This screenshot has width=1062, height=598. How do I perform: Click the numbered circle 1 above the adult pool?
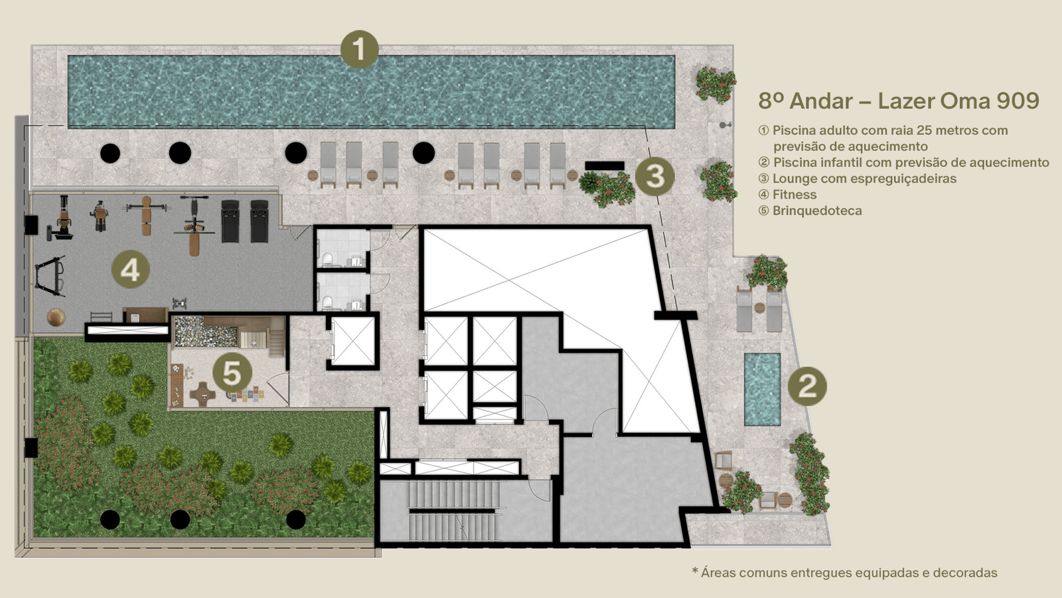[359, 49]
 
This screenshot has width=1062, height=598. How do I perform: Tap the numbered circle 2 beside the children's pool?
[807, 386]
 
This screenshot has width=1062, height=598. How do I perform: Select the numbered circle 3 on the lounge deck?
[654, 176]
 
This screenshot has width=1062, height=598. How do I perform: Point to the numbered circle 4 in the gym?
[130, 270]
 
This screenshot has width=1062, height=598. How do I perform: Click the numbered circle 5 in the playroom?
[232, 373]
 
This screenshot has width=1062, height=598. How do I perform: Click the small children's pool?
[762, 389]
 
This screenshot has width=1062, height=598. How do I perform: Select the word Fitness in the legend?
[795, 195]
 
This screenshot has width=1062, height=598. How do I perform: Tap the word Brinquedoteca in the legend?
[817, 211]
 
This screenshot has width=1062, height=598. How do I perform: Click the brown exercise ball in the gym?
[56, 317]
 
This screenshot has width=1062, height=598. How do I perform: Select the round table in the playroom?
[203, 393]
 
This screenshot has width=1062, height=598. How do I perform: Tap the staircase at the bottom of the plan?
[454, 511]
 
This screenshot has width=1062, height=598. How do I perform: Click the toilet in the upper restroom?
[327, 259]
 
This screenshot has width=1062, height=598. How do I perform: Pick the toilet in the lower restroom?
[327, 303]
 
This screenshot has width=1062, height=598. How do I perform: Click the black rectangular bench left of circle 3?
[605, 165]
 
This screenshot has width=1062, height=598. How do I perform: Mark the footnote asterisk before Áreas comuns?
[695, 571]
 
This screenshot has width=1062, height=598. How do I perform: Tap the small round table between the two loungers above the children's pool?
[759, 308]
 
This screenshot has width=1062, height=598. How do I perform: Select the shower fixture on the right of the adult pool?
[724, 126]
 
